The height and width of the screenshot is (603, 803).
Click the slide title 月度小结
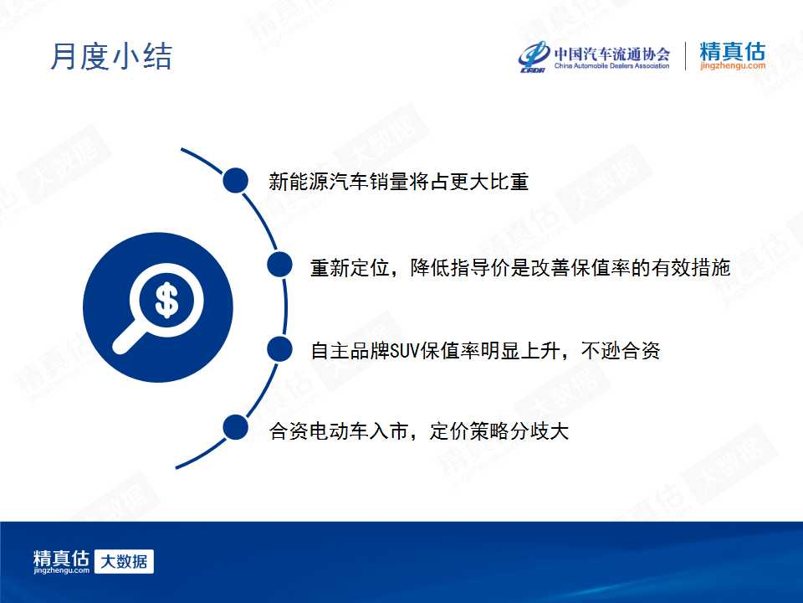(111, 56)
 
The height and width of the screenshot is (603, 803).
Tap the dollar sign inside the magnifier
(166, 300)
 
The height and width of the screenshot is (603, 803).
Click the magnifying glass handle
(126, 338)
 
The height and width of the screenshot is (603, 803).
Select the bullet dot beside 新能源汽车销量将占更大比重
(236, 181)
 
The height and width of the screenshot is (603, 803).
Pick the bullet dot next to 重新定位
(279, 265)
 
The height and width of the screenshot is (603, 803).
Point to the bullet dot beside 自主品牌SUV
(279, 349)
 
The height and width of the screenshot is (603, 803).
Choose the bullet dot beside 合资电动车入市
(236, 428)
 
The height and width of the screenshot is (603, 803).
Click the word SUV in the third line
(405, 351)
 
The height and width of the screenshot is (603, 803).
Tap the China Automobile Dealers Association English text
(611, 65)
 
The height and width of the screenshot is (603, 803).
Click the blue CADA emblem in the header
(533, 56)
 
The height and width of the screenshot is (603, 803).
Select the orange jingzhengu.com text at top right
(733, 65)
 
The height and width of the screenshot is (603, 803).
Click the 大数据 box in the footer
(124, 561)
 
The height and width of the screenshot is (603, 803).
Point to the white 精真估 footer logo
(61, 561)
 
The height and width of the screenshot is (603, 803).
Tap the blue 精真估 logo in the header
(733, 51)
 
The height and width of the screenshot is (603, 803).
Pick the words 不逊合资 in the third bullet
(621, 351)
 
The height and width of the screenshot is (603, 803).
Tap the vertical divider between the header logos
(685, 56)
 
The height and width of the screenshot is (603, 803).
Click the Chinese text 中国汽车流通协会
(612, 54)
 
